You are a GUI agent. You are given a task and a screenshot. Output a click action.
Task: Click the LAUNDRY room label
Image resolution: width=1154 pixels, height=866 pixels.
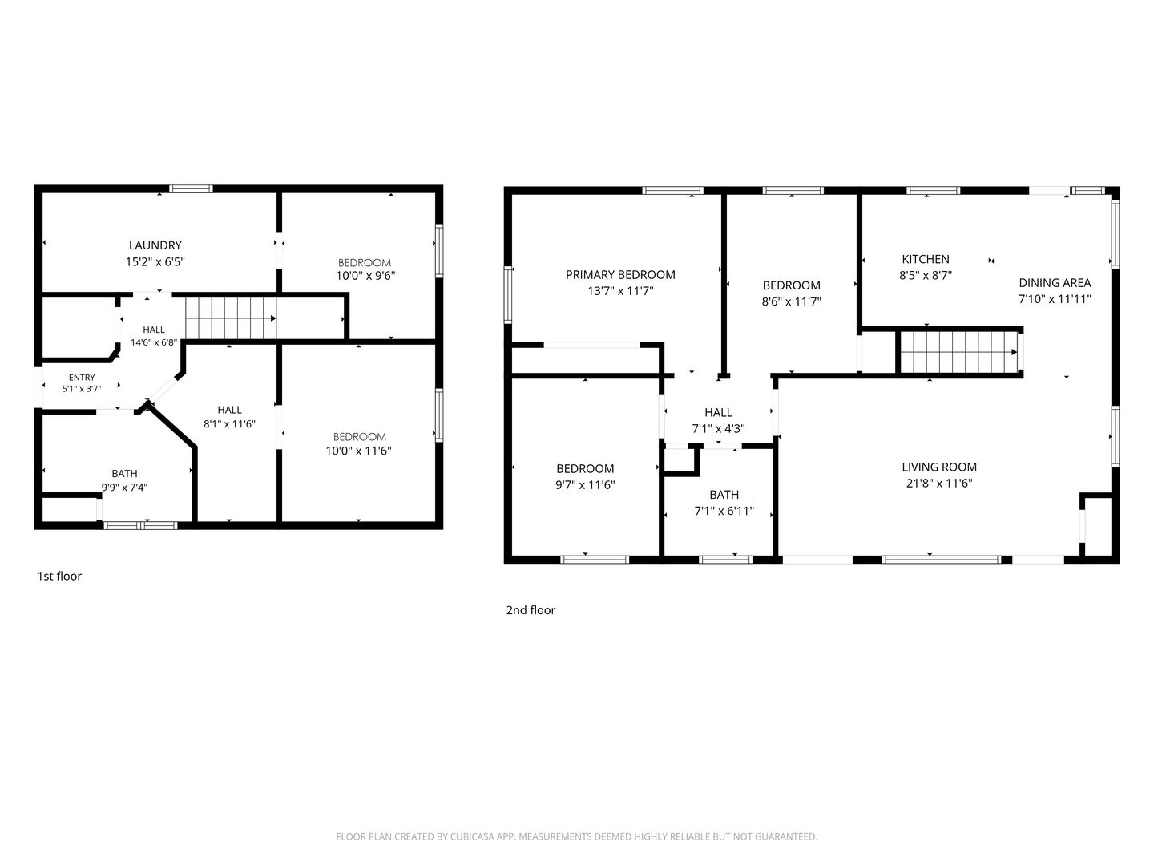click(x=155, y=245)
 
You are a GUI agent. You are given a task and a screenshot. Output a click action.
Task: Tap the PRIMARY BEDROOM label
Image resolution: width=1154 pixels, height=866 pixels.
click(x=620, y=274)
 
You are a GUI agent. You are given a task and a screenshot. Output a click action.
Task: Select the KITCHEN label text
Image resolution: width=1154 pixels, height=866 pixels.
click(x=926, y=259)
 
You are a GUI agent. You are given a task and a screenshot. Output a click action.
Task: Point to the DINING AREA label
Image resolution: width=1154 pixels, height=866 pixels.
click(x=1055, y=283)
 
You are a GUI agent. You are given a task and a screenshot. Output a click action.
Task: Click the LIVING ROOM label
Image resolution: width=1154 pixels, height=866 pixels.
click(x=939, y=467)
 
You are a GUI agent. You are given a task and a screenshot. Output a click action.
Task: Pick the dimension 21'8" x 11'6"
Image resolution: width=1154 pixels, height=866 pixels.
click(x=939, y=484)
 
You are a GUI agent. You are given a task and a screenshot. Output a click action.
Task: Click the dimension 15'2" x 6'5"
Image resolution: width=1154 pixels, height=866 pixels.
click(x=155, y=262)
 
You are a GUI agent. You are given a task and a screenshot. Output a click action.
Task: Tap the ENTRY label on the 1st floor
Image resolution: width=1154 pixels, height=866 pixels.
click(x=82, y=378)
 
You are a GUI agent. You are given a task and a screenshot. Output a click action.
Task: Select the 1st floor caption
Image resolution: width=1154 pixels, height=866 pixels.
click(x=59, y=577)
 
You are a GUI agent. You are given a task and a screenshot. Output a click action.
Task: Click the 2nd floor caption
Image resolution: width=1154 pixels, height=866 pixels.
click(x=531, y=610)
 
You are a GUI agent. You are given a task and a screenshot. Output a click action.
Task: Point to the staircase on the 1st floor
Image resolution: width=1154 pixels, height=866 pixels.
click(x=231, y=318)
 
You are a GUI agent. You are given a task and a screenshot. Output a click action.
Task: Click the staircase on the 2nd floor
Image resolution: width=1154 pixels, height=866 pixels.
click(x=959, y=352)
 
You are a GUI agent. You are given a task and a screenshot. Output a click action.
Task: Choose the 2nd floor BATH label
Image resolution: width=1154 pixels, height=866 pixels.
click(x=724, y=495)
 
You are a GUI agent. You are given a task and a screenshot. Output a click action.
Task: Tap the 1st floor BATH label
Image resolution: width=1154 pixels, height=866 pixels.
click(x=124, y=474)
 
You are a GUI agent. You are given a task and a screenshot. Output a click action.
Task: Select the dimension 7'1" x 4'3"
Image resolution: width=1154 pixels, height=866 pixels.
click(x=718, y=429)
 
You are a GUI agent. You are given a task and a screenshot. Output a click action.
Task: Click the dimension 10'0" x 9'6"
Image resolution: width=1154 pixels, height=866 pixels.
click(x=365, y=276)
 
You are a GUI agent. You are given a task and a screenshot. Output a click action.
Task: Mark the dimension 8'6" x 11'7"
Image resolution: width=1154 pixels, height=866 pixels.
click(x=791, y=301)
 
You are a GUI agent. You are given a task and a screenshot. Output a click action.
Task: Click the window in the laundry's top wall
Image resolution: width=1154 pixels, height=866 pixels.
click(x=191, y=188)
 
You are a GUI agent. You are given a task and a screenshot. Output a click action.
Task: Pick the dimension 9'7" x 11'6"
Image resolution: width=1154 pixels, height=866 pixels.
click(x=585, y=485)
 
